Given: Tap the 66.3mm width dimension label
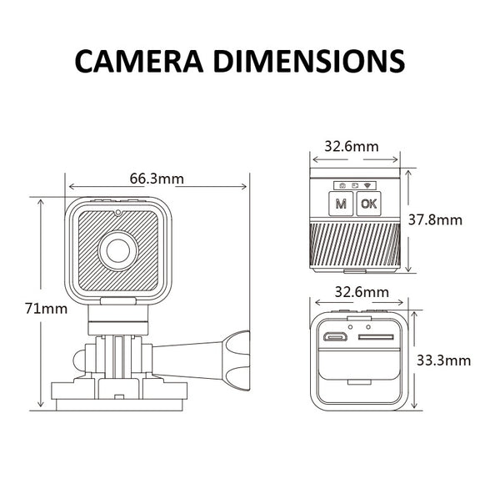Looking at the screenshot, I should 157,178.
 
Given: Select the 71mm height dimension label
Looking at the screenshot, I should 46,308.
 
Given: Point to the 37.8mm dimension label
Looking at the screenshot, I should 437,220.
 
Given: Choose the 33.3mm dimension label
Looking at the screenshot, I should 442,360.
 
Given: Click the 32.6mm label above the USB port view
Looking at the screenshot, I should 361,292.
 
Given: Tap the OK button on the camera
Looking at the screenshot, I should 367,203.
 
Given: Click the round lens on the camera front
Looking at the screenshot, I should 118,249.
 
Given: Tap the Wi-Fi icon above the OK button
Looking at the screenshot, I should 369,184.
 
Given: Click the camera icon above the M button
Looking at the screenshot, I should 340,184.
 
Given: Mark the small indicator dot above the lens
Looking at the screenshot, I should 118,214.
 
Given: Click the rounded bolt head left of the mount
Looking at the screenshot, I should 77,359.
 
